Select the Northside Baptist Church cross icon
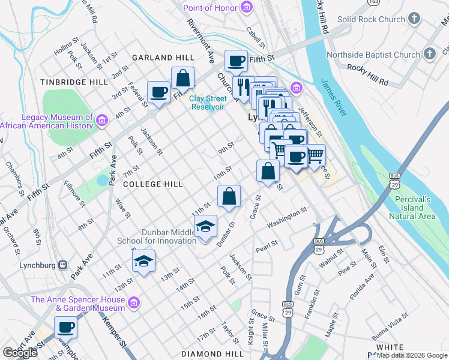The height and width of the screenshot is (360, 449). (x=429, y=55)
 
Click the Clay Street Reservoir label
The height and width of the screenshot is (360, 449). (x=208, y=103)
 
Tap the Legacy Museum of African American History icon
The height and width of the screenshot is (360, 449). (x=101, y=122)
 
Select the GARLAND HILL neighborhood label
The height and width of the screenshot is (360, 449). (x=163, y=58)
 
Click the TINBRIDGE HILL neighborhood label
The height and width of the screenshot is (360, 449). (x=74, y=82)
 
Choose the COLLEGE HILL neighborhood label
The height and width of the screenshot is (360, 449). (x=152, y=184)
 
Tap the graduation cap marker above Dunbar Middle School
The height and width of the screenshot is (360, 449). (x=205, y=226)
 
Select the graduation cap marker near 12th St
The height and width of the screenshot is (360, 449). (x=143, y=261)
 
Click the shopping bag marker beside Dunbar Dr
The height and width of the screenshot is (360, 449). (x=229, y=196)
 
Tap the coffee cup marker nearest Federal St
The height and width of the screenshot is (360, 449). (x=158, y=92)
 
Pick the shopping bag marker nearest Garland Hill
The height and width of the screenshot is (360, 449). (x=182, y=78)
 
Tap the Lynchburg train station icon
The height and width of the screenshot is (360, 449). (x=62, y=265)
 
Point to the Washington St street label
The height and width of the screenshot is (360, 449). (x=287, y=218)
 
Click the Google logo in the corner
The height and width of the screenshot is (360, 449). (x=20, y=353)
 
